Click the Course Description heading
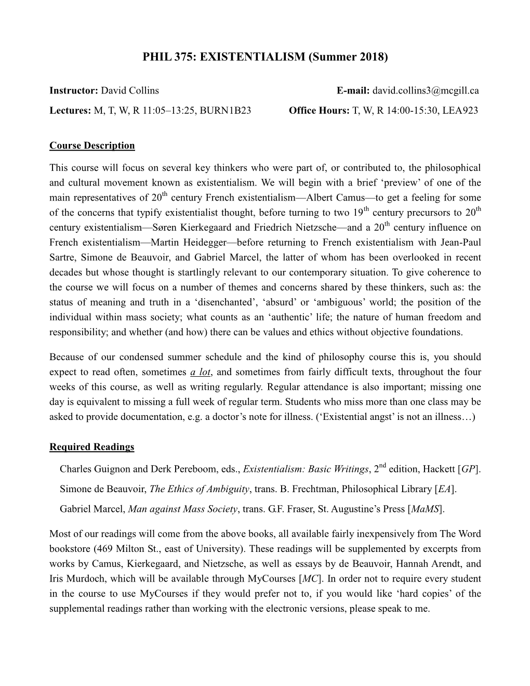tap(92, 146)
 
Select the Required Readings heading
tap(91, 447)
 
